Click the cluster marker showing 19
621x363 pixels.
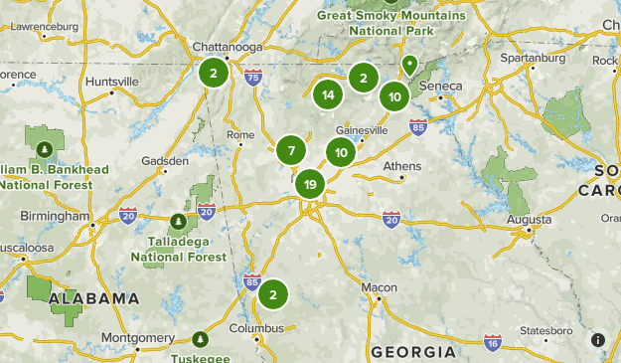click(x=311, y=184)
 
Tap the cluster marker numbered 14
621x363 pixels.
click(x=327, y=95)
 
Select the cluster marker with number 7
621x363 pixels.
click(x=291, y=151)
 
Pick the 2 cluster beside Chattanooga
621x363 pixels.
click(x=213, y=72)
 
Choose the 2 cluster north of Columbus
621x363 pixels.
click(x=273, y=294)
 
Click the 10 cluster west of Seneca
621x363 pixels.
click(x=394, y=96)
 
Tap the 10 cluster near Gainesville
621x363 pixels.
click(x=341, y=152)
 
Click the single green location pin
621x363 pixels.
click(x=408, y=65)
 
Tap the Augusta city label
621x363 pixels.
click(x=528, y=218)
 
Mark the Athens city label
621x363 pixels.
click(x=402, y=165)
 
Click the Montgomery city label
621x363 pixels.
click(x=137, y=337)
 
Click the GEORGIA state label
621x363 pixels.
click(x=412, y=352)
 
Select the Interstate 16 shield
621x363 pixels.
click(x=493, y=342)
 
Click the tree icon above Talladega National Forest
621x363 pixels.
click(x=177, y=220)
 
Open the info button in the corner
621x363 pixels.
click(x=597, y=340)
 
